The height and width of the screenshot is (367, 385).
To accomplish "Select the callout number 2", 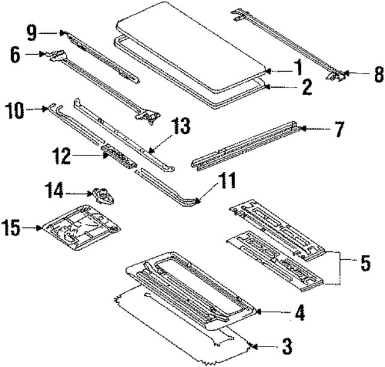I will [x=307, y=89].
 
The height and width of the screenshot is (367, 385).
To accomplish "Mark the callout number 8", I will [x=378, y=75].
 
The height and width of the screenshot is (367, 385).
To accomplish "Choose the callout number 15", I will [x=13, y=228].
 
